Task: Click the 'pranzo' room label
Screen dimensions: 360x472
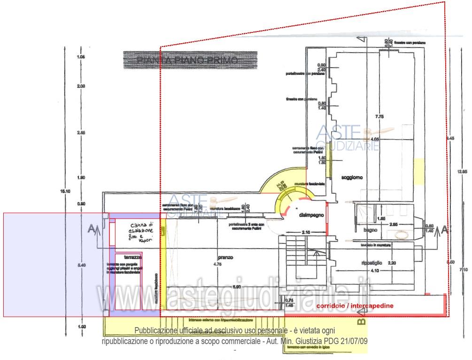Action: coord(225,257)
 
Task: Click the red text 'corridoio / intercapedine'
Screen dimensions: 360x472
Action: coord(355,306)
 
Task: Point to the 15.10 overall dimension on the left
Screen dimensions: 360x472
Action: coord(65,191)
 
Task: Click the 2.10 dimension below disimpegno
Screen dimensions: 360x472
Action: coord(306,232)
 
